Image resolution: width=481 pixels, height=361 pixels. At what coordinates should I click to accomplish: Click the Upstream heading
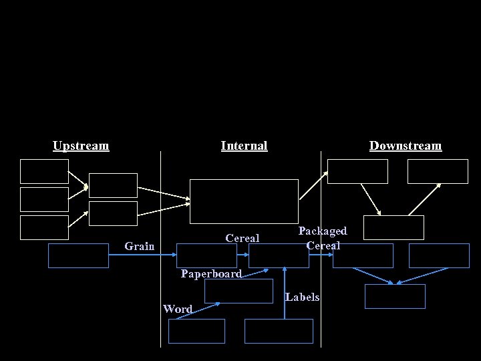81,146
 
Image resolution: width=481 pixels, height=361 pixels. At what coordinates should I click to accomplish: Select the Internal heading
244,146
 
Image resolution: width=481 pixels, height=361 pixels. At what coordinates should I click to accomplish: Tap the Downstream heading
406,146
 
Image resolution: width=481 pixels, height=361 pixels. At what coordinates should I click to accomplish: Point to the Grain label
140,246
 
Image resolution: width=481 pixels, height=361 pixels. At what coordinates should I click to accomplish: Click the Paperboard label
211,273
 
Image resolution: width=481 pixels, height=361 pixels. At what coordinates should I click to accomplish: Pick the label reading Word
178,309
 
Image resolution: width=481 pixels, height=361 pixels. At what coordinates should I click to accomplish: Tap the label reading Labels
302,297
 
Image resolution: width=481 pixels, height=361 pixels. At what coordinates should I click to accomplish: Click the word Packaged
323,231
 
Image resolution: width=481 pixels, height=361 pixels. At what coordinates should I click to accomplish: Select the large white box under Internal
244,201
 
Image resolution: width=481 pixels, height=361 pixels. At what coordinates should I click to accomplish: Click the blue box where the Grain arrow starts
78,255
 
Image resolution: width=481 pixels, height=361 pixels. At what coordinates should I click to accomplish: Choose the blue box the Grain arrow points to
206,255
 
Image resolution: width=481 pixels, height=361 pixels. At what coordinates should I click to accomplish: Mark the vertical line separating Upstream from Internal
161,201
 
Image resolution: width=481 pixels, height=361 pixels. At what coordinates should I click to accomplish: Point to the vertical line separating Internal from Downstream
321,201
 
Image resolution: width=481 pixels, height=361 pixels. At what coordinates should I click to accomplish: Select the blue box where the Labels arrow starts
279,331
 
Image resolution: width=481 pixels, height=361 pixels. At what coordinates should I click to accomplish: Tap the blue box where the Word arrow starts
196,331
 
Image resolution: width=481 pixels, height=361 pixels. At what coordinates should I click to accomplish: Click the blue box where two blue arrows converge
395,296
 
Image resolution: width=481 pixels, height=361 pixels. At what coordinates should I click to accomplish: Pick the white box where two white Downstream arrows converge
393,227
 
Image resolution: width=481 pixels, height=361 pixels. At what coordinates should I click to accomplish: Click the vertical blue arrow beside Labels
285,294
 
